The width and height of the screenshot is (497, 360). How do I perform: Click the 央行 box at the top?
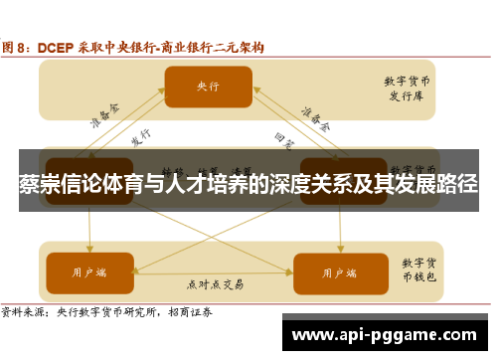208,87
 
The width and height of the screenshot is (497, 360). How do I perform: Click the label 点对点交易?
215,283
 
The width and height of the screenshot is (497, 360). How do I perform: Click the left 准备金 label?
101,122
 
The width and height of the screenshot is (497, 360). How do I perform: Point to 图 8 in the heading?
18,46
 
